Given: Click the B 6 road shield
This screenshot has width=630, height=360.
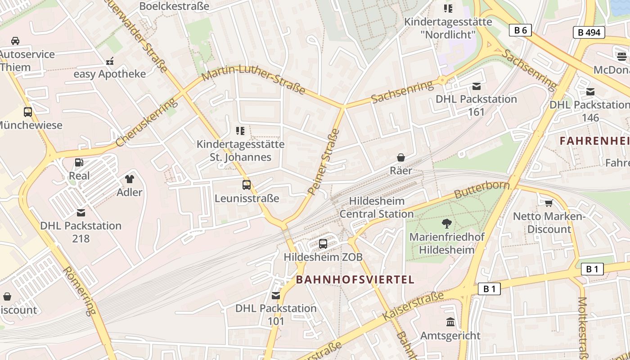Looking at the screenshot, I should pyautogui.click(x=521, y=30).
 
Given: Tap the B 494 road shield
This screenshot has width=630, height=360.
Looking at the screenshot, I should pyautogui.click(x=589, y=32).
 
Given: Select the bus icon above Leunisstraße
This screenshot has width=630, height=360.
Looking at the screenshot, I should pyautogui.click(x=247, y=184).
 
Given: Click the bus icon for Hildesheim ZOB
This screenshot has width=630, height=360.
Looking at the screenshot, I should pyautogui.click(x=323, y=244).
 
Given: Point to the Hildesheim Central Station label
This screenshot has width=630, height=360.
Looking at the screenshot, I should pyautogui.click(x=377, y=207).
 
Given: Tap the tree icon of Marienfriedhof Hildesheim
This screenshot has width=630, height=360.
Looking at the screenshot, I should pyautogui.click(x=447, y=223).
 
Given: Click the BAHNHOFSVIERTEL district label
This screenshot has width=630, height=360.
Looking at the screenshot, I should pyautogui.click(x=355, y=279).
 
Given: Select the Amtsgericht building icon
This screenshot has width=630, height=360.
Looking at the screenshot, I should pyautogui.click(x=450, y=322).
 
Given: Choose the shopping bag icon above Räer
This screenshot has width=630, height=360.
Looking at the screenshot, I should pyautogui.click(x=400, y=157).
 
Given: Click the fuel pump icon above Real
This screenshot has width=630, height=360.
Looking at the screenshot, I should pyautogui.click(x=79, y=162).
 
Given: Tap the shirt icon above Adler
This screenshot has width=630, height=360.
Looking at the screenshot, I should pyautogui.click(x=130, y=179).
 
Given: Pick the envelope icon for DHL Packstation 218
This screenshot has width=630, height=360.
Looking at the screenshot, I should pyautogui.click(x=81, y=212).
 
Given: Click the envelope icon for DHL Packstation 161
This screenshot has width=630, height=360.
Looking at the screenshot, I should pyautogui.click(x=477, y=86).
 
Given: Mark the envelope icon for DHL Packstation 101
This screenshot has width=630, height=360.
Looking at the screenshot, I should pyautogui.click(x=276, y=295).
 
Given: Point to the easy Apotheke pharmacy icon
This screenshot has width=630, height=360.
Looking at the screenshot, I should pyautogui.click(x=110, y=61).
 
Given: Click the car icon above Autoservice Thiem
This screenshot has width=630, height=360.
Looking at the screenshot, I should pyautogui.click(x=15, y=41).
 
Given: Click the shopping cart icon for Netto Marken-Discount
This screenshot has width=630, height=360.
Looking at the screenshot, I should pyautogui.click(x=549, y=203).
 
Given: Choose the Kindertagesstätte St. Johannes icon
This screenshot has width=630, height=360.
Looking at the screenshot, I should pyautogui.click(x=240, y=131).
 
